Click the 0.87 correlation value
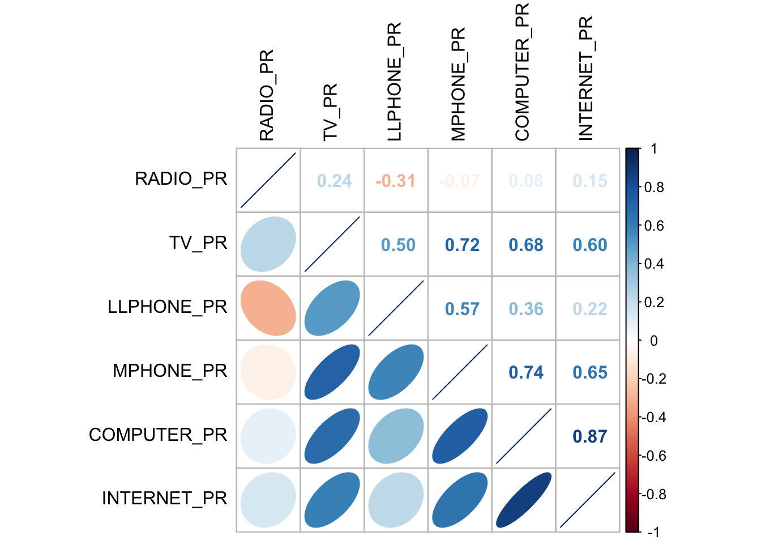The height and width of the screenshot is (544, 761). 589,436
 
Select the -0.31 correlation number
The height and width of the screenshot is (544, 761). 395,181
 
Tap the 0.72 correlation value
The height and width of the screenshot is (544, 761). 462,245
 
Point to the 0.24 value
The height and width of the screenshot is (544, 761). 334,181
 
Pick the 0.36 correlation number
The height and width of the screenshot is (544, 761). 525,309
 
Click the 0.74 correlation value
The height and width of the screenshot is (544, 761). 525,372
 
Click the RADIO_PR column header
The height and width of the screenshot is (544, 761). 267,95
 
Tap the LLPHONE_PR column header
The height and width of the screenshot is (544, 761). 394,82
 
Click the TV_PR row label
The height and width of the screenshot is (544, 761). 198,243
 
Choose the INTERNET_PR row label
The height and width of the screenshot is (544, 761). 164,499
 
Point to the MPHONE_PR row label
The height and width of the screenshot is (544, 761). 170,371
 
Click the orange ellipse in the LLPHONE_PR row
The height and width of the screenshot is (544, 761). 268,308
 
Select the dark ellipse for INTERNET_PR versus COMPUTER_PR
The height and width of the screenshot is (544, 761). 524,500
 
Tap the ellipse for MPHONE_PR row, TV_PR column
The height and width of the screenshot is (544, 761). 332,372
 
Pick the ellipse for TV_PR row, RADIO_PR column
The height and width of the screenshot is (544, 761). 268,244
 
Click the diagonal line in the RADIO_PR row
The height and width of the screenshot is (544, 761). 268,180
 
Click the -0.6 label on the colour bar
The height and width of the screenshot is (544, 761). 654,456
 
